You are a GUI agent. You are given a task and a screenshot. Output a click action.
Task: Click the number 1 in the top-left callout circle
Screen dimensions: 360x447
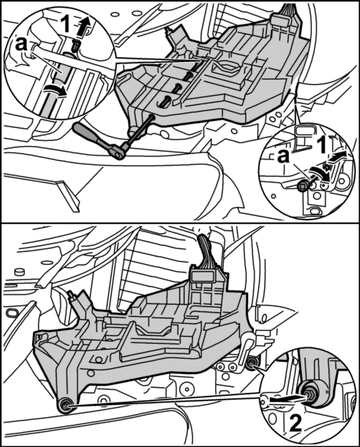click(x=65, y=24)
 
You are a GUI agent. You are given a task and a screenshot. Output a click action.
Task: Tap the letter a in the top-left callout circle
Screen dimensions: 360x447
click(x=21, y=44)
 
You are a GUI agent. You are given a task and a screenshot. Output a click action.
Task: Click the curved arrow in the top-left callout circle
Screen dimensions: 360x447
click(x=55, y=91)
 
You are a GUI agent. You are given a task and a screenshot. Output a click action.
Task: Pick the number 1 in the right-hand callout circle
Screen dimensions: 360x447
click(x=322, y=145)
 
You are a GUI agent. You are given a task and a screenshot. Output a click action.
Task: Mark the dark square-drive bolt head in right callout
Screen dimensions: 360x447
click(x=303, y=187)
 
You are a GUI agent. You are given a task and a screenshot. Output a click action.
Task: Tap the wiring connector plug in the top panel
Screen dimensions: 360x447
click(x=280, y=21)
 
